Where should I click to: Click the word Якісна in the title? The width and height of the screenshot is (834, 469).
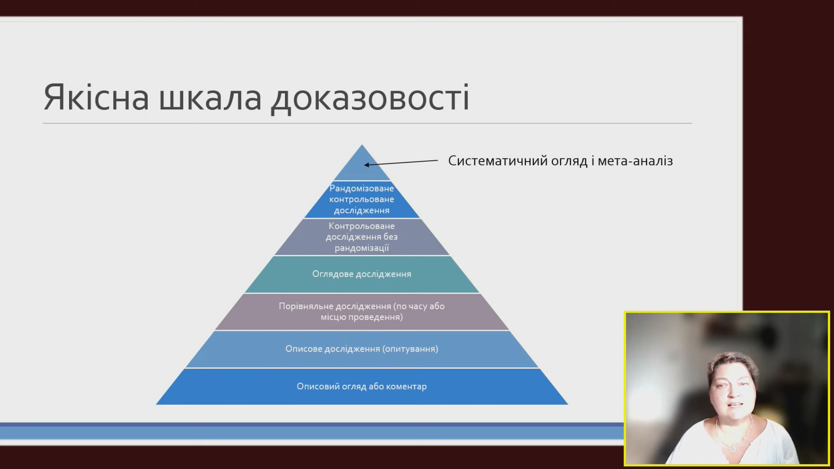click(x=96, y=97)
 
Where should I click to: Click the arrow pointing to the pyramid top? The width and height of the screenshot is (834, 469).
click(x=401, y=163)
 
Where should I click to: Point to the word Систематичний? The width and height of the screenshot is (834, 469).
click(x=498, y=161)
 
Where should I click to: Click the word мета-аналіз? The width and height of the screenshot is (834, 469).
click(x=635, y=161)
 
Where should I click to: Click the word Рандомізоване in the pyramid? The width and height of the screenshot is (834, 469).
click(x=361, y=188)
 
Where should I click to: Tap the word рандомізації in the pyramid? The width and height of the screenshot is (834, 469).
click(x=361, y=248)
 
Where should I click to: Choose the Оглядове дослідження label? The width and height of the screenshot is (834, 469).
click(x=361, y=274)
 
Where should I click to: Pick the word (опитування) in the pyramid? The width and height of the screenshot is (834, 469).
click(x=410, y=349)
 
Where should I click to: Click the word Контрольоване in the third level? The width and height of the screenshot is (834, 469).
click(x=361, y=226)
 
